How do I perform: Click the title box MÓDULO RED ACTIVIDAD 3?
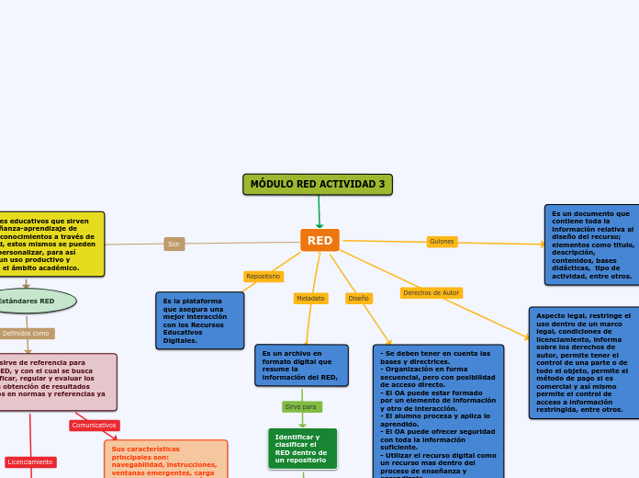point(318,185)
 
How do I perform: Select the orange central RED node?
point(319,240)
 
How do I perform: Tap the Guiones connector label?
point(443,242)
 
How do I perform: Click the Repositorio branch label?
point(263,277)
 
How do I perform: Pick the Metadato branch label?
point(310,299)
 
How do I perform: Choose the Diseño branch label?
point(359,299)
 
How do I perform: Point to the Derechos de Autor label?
point(432,293)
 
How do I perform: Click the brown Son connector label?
point(174,244)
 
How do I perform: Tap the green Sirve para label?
point(301,406)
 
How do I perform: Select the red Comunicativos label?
point(95,426)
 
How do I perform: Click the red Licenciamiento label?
point(30,462)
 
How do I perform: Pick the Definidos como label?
point(27,334)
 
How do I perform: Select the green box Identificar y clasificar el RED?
point(302,449)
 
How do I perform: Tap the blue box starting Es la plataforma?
point(199,321)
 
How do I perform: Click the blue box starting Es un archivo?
point(301,365)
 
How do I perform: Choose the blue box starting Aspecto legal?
point(584,362)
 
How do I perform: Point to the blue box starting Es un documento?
point(591,245)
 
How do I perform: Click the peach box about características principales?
point(165,459)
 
